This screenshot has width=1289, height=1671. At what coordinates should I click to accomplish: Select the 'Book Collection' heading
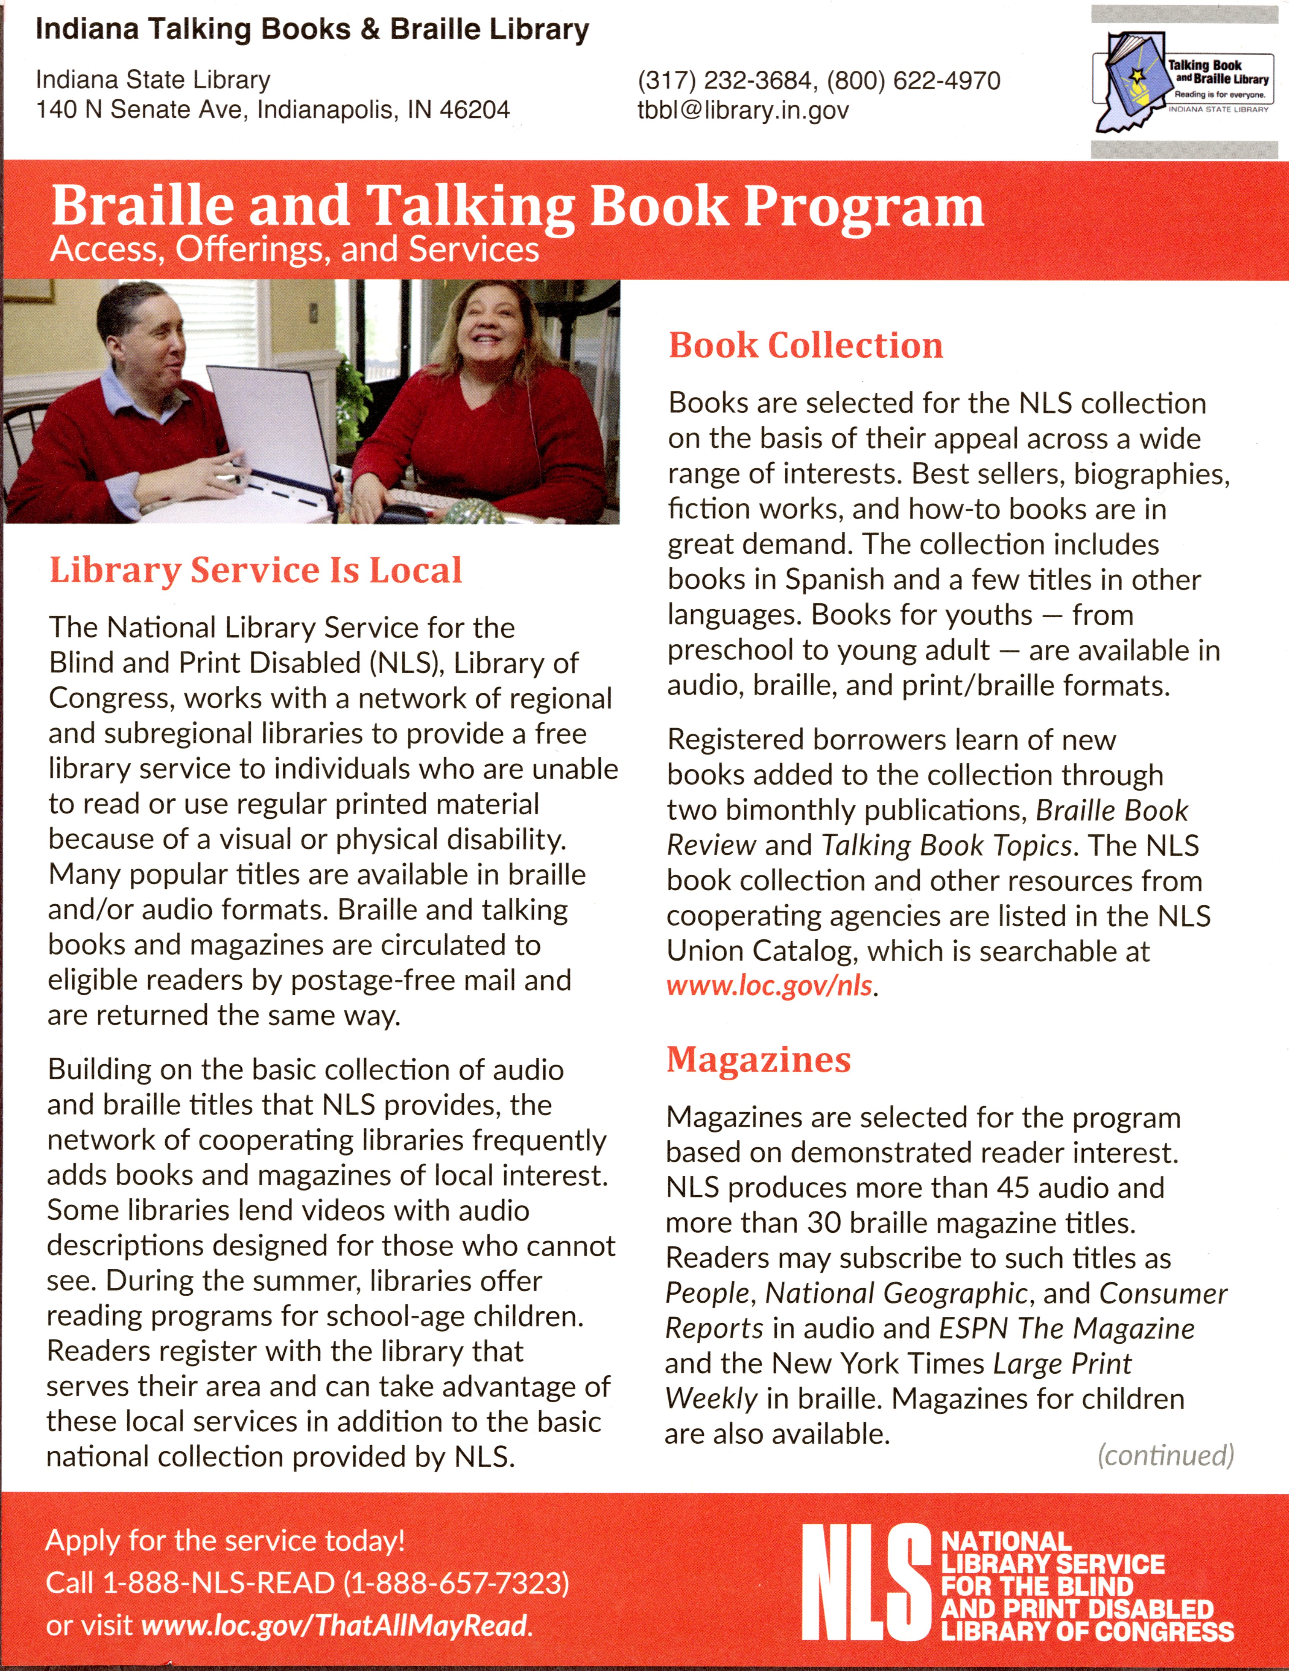(806, 346)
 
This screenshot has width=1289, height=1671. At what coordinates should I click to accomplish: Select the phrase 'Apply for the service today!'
(225, 1540)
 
